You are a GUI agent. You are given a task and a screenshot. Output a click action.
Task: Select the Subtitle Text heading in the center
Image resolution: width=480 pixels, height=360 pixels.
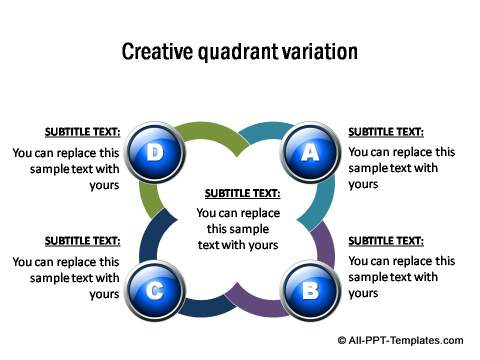click(x=242, y=193)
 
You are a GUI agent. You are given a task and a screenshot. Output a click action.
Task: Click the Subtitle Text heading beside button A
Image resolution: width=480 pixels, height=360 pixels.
click(x=386, y=131)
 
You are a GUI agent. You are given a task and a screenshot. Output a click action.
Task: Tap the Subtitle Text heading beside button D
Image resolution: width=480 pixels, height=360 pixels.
click(x=82, y=131)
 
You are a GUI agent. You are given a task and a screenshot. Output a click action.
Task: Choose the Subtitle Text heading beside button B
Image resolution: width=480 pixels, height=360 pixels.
click(x=386, y=241)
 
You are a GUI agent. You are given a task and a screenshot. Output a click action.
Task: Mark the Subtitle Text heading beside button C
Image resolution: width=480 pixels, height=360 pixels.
click(x=82, y=241)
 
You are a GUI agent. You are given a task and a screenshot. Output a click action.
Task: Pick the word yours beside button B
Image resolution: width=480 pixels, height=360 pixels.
click(x=363, y=293)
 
